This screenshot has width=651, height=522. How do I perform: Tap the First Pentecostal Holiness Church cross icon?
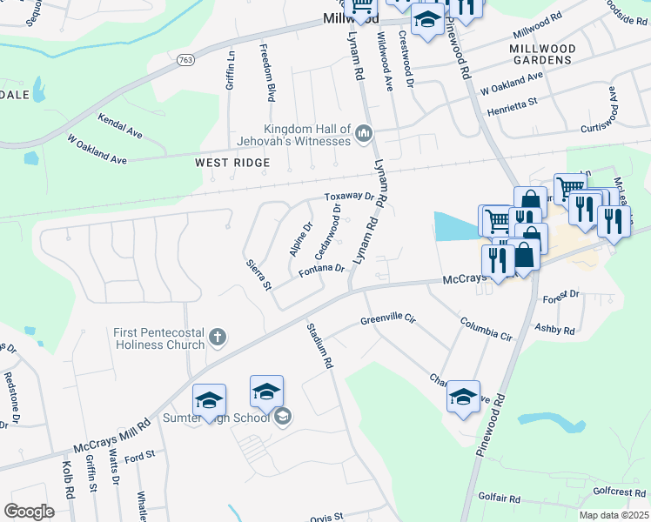(x=218, y=337)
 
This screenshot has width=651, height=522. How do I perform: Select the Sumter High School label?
(x=218, y=418)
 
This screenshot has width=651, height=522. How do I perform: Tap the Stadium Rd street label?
(x=320, y=345)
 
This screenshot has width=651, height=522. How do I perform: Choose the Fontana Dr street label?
(x=323, y=270)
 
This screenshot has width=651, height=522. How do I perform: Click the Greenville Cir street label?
(x=388, y=320)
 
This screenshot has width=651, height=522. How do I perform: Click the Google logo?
(x=29, y=512)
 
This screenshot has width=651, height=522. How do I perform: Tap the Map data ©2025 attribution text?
(x=614, y=515)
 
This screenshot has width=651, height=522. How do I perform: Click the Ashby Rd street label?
(x=555, y=331)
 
